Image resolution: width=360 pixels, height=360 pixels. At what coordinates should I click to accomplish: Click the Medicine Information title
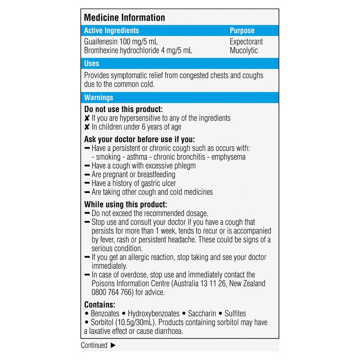pos(125,18)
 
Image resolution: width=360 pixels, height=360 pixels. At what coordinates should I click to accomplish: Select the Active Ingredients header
pos(112,31)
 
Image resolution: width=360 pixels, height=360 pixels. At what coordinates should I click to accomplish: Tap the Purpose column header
pos(242,31)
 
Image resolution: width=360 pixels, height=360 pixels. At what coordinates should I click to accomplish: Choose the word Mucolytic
pos(243,50)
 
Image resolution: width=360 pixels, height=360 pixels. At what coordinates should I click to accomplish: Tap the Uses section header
pos(92,64)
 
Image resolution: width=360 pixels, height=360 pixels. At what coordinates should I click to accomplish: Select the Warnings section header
pos(99,97)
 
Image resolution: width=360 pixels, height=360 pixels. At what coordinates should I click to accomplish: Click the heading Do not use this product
pos(123,109)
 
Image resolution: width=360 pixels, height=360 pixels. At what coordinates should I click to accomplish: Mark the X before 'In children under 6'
pos(87,127)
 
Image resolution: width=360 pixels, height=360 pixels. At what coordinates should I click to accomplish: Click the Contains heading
pos(100,304)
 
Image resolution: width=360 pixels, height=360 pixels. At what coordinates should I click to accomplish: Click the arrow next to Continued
pos(113,346)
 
